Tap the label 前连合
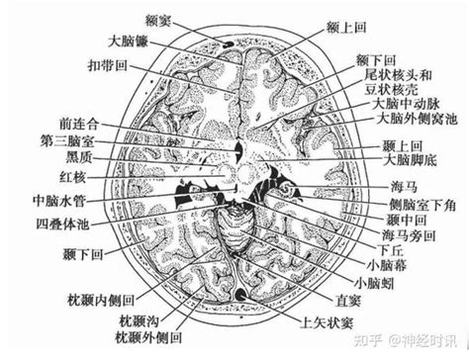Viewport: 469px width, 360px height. (78, 125)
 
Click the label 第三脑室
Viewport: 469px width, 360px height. (67, 142)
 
